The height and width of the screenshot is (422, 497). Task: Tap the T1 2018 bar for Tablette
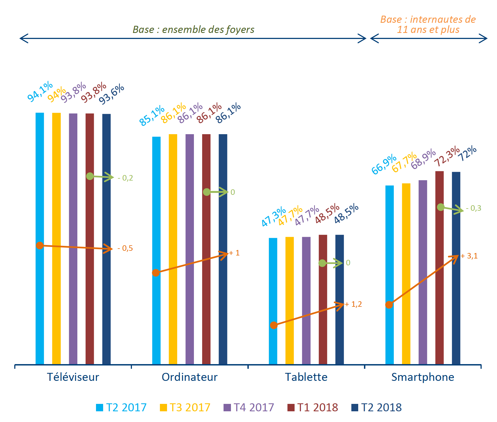pos(323,316)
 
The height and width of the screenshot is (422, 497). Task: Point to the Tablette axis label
pos(306,377)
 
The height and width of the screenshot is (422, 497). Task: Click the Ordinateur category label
pos(190,377)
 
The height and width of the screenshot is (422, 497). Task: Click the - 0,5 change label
pos(125,248)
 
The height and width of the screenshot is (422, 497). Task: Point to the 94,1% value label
pos(40,92)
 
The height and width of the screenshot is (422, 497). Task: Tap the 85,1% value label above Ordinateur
pos(152,116)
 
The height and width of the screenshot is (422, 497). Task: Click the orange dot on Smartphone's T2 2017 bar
pos(389,305)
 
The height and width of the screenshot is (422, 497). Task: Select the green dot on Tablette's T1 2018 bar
pos(322,263)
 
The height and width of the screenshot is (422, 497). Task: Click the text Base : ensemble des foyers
pos(193,30)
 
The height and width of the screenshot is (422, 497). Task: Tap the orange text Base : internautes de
pos(428,19)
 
